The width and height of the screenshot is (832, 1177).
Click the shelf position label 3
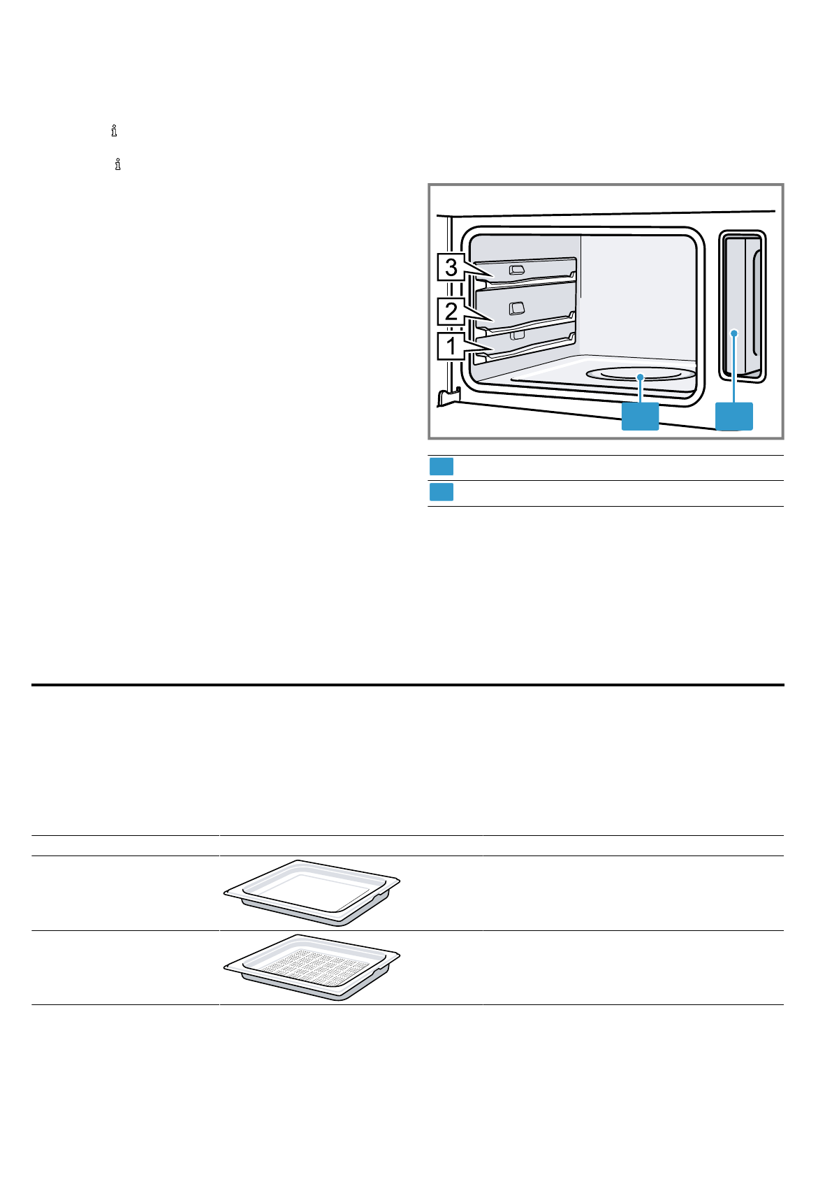(451, 268)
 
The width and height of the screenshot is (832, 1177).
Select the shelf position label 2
(451, 311)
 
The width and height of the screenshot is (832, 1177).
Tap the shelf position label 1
(451, 346)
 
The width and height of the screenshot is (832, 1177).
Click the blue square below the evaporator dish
(640, 416)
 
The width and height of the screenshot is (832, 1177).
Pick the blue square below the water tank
(734, 416)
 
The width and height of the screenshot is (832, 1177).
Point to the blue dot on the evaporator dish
(640, 377)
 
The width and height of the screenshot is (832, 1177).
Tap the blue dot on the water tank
(734, 334)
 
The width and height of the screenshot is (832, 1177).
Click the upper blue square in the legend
(441, 466)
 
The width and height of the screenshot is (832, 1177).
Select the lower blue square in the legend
(441, 492)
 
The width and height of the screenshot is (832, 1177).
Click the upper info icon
(114, 131)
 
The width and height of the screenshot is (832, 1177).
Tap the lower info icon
(118, 165)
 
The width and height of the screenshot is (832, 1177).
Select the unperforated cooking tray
(312, 893)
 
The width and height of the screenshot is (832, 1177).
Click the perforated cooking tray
(312, 967)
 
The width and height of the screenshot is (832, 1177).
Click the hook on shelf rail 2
(516, 308)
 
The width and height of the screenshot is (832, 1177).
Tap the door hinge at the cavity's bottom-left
(448, 396)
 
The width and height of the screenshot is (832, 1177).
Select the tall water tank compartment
(742, 306)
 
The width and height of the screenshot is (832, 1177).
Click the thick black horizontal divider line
(407, 685)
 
